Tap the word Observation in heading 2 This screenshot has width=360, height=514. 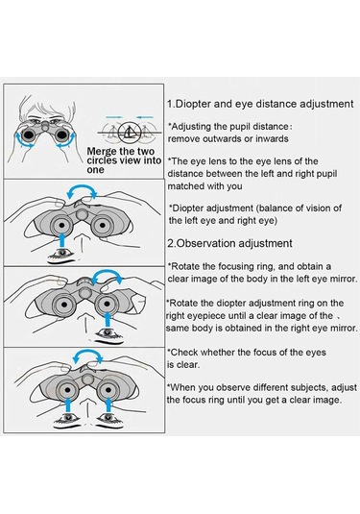pyautogui.click(x=205, y=244)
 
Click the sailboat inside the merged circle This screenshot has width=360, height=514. pyautogui.click(x=129, y=133)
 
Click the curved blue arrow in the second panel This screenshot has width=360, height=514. pyautogui.click(x=82, y=189)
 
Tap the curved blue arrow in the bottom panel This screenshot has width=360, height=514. pyautogui.click(x=87, y=355)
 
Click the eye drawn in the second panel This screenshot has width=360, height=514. pyautogui.click(x=62, y=255)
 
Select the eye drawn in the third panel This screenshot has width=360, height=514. pyautogui.click(x=108, y=334)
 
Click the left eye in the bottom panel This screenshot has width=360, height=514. pyautogui.click(x=68, y=419)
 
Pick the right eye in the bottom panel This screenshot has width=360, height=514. pyautogui.click(x=108, y=419)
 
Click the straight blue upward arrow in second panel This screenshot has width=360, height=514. pyautogui.click(x=62, y=240)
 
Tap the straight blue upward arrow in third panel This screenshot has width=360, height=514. pyautogui.click(x=108, y=321)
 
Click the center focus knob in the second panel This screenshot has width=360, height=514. pyautogui.click(x=82, y=214)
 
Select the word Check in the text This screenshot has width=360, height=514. pyautogui.click(x=184, y=353)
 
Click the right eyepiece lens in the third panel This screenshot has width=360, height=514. pyautogui.click(x=108, y=304)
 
